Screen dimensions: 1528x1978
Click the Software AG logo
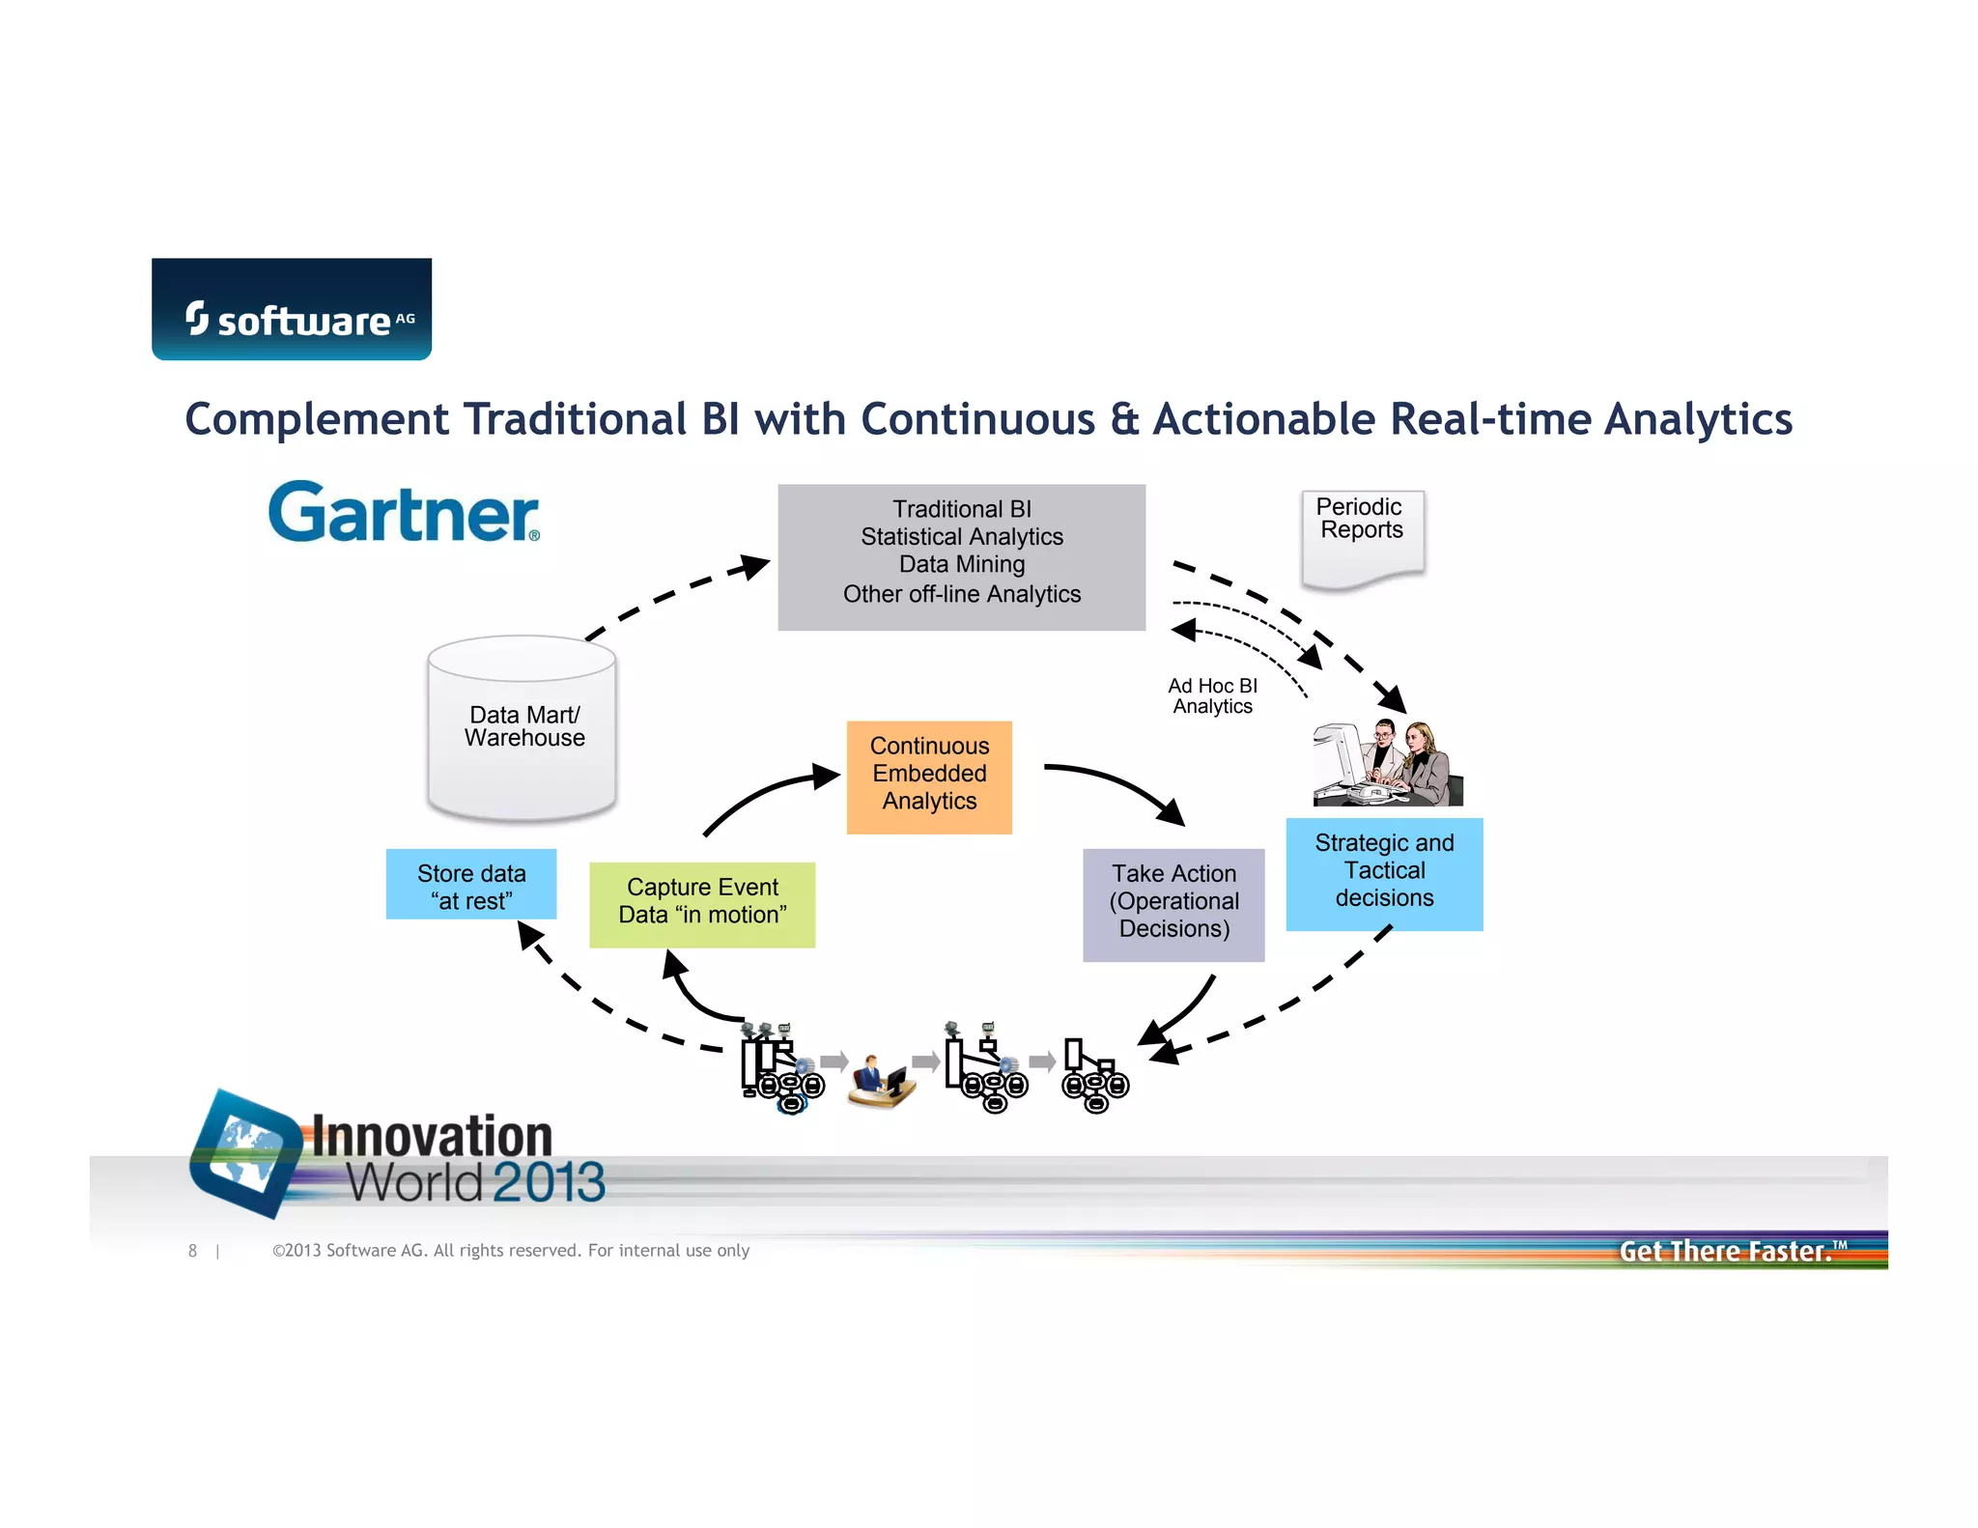point(292,309)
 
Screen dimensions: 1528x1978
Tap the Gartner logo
point(404,512)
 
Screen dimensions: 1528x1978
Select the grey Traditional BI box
point(961,557)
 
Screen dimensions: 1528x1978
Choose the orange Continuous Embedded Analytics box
point(929,777)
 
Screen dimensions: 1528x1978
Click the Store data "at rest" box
point(471,885)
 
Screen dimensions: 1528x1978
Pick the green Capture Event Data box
point(702,904)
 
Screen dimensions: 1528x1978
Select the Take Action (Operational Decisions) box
point(1173,904)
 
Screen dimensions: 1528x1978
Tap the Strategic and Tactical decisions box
point(1384,874)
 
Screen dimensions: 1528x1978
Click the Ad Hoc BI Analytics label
point(1212,696)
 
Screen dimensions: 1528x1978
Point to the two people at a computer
point(1388,764)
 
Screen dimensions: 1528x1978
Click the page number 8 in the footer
point(193,1251)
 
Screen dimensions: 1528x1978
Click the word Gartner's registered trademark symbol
point(534,536)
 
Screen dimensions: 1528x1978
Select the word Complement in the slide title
point(317,420)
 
